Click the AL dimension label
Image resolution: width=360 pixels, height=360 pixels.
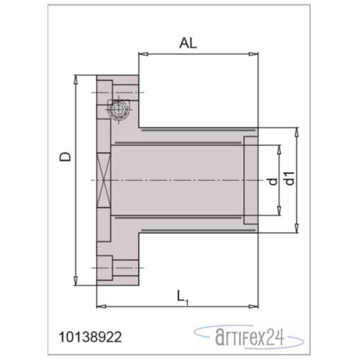click(x=188, y=43)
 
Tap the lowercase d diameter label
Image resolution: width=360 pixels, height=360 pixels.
click(x=272, y=181)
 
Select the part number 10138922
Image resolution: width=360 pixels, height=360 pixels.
click(x=92, y=337)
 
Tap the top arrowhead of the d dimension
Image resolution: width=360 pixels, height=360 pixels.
click(x=279, y=147)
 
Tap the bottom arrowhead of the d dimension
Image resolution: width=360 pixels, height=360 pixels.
click(x=279, y=213)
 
